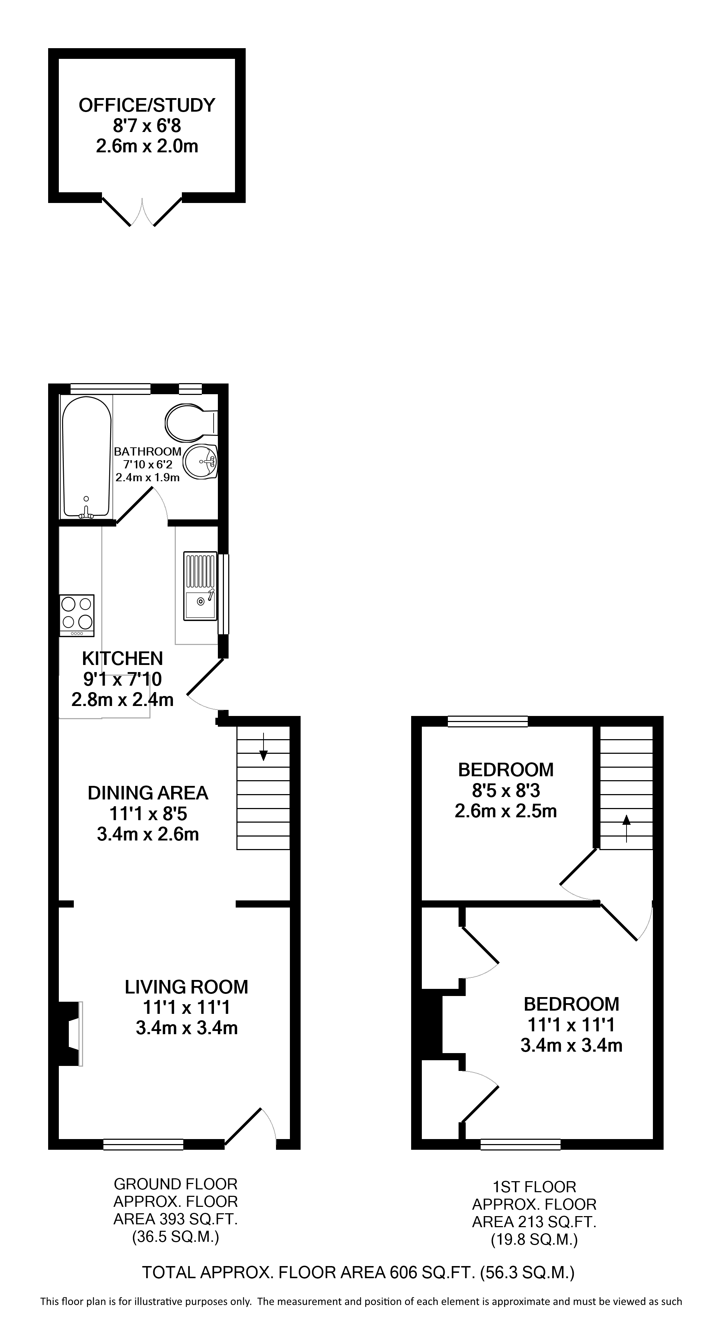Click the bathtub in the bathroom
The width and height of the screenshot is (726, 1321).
(86, 457)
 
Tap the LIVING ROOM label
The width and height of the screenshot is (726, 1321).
(186, 987)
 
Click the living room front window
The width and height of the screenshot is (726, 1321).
(144, 1144)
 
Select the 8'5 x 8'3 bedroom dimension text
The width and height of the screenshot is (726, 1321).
(506, 791)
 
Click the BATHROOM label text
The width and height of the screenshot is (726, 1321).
(148, 451)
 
